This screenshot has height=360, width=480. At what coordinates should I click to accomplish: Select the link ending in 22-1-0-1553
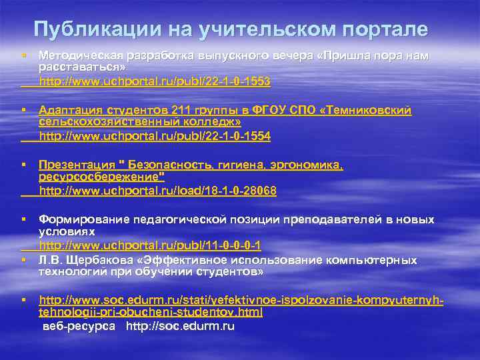point(155,81)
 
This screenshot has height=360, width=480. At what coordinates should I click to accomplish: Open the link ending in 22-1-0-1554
point(155,136)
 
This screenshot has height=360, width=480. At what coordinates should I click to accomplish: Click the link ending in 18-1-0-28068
point(158,191)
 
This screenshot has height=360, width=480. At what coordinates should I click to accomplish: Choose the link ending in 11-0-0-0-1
point(150,245)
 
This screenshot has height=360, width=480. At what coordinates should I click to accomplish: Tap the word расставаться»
point(82,67)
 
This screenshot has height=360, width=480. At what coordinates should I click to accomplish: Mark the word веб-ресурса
point(79,327)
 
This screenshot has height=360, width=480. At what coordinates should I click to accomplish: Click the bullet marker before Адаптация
point(23,109)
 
